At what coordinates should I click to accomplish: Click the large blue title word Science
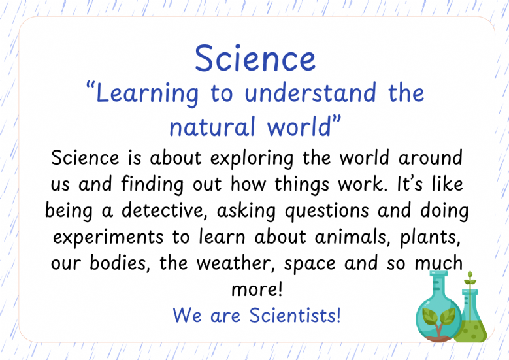tap(255, 58)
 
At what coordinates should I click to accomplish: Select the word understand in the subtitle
tap(310, 93)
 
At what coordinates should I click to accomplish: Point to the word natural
tap(212, 127)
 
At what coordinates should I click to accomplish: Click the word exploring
tap(252, 159)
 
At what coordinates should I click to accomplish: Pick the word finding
tap(152, 185)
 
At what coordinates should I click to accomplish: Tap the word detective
tap(165, 210)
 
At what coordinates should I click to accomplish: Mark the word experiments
tap(108, 238)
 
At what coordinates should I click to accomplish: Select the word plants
tap(431, 238)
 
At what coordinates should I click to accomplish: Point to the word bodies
tap(120, 263)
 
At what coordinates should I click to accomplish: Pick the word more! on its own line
tap(257, 289)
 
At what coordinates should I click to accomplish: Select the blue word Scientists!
tap(295, 315)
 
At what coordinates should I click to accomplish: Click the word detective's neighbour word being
tap(69, 211)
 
